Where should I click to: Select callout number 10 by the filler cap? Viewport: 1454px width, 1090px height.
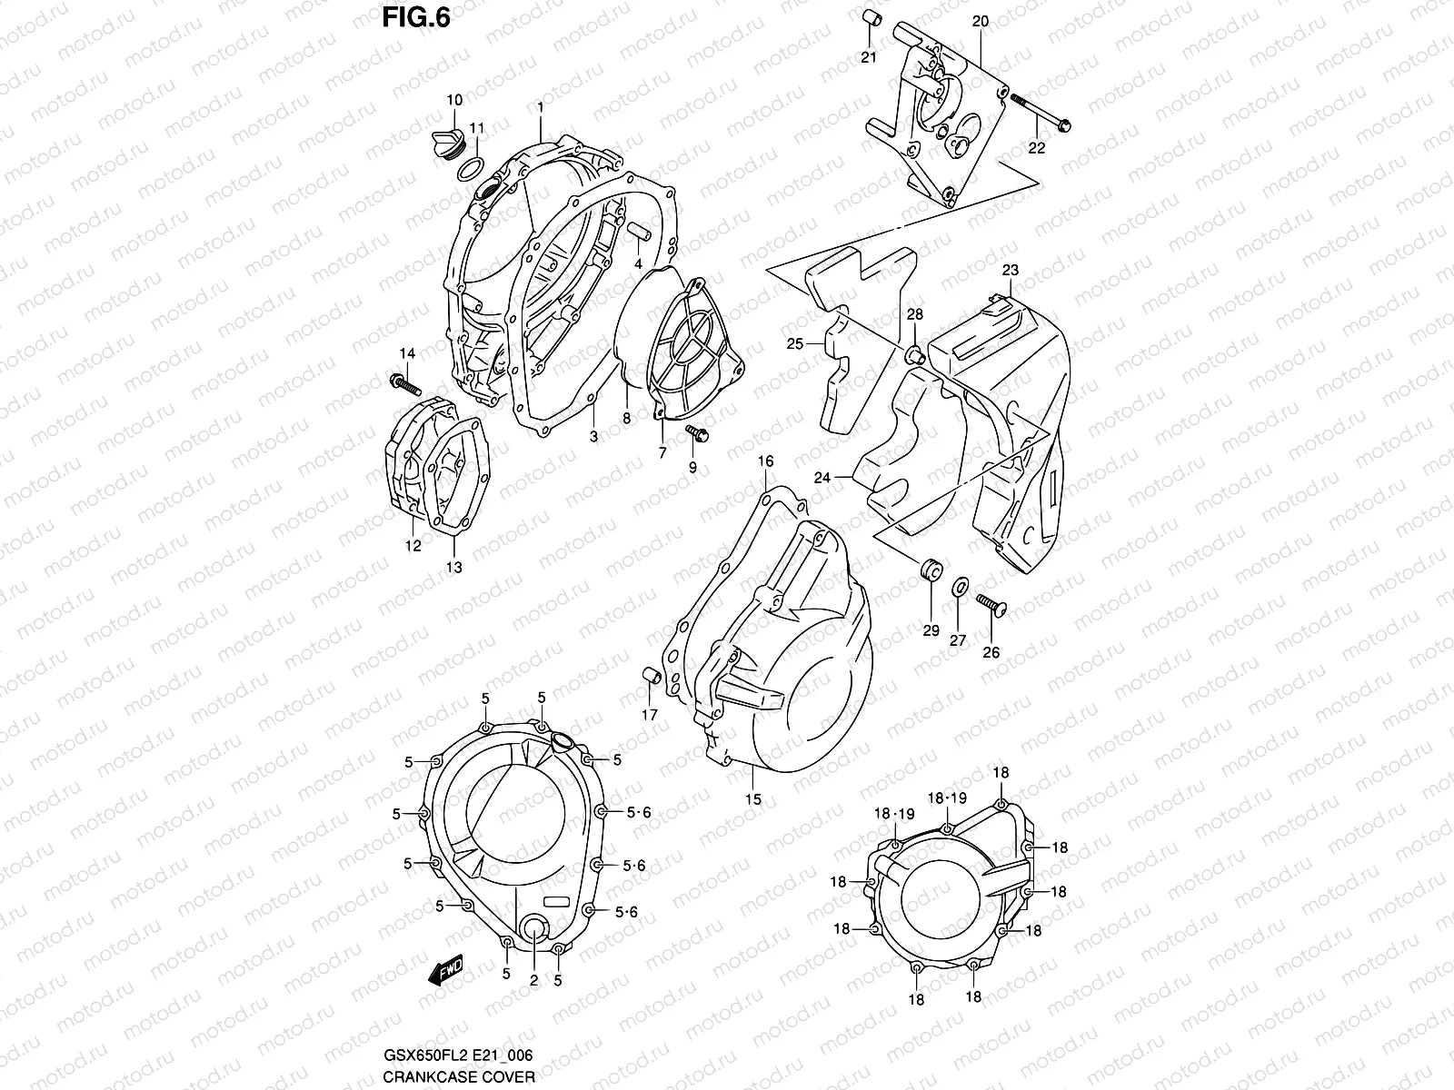coord(454,99)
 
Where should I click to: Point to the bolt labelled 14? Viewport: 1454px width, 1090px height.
coord(405,384)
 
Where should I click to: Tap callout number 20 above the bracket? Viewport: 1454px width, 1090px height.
coord(980,21)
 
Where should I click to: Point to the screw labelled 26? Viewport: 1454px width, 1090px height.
coord(991,605)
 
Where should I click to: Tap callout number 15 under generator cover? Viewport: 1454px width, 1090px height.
coord(753,799)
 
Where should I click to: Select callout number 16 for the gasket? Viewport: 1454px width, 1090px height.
coord(765,461)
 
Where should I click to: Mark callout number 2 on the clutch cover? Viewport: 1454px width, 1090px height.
coord(533,980)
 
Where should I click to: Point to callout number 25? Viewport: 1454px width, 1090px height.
coord(795,344)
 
